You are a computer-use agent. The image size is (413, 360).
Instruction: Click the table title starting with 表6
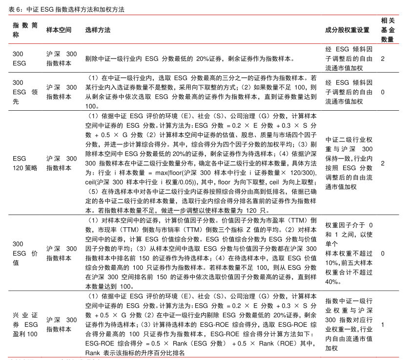click(x=66, y=9)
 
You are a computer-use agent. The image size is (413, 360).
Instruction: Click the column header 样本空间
click(x=59, y=30)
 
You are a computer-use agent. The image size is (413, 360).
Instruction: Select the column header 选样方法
click(x=98, y=30)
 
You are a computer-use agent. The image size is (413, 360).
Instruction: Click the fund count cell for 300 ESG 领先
click(x=383, y=92)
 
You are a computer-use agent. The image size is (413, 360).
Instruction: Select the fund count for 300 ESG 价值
click(x=383, y=253)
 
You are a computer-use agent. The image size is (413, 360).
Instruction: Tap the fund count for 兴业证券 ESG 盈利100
click(x=383, y=324)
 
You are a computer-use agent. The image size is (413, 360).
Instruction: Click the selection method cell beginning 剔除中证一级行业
click(x=189, y=59)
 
